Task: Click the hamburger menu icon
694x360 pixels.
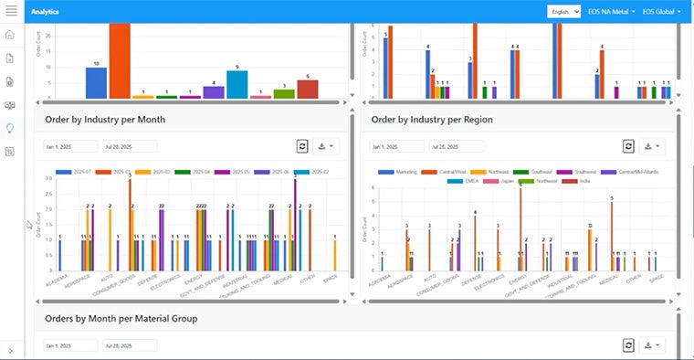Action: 11,11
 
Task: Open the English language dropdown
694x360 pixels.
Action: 563,12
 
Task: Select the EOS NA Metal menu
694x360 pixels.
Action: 611,12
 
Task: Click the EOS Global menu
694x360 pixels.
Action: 661,12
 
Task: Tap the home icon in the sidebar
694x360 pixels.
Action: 10,35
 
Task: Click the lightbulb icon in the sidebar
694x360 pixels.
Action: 10,128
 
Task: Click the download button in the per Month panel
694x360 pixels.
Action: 327,146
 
